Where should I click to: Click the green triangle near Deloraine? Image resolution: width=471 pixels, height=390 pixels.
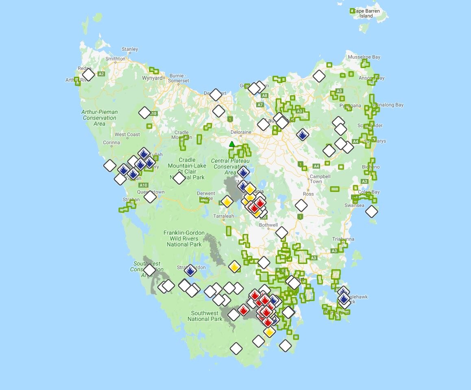[x=232, y=144]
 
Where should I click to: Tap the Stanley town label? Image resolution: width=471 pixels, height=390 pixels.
[x=130, y=49]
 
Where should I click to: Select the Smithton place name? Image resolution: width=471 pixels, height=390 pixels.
[x=116, y=59]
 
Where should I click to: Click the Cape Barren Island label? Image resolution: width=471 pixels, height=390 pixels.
[x=366, y=13]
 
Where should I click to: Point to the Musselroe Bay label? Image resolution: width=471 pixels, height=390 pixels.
[x=363, y=57]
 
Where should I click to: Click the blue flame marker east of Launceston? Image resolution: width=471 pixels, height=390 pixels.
[x=302, y=135]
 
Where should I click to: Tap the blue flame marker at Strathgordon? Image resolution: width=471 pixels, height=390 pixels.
[x=190, y=270]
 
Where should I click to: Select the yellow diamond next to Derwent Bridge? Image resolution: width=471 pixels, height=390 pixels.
[x=227, y=202]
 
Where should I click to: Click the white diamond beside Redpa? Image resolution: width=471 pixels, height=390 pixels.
[x=88, y=74]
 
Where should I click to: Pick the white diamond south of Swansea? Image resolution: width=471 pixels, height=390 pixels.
[x=371, y=211]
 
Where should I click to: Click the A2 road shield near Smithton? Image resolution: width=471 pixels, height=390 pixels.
[x=101, y=74]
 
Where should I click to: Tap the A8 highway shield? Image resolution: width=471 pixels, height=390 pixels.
[x=264, y=96]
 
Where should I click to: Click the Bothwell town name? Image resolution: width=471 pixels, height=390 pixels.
[x=268, y=225]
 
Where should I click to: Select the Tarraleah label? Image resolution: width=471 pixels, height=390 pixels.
[x=224, y=216]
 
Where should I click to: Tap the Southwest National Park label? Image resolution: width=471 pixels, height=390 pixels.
[x=205, y=316]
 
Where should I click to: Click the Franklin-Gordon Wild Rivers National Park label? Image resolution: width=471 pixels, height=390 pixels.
[x=184, y=238]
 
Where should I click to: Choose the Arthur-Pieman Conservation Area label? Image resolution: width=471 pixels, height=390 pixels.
[x=100, y=118]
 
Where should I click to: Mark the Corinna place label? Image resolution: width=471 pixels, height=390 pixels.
[x=111, y=142]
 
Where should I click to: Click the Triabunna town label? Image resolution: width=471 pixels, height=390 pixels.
[x=343, y=239]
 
